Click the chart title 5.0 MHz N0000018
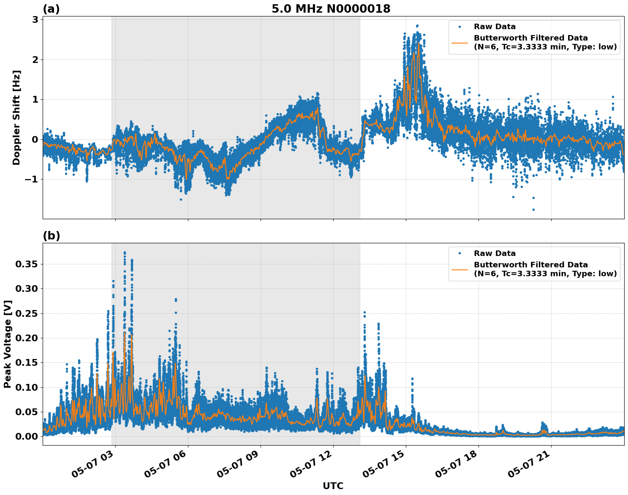pos(331,8)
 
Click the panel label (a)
pos(51,9)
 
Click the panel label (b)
pos(51,236)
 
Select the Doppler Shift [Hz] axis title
pos(16,117)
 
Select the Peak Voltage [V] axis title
pos(7,344)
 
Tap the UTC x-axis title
pos(333,486)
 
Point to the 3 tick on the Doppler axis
pos(35,20)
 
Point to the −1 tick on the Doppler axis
pos(31,180)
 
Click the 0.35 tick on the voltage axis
pos(27,264)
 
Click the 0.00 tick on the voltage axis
pos(27,436)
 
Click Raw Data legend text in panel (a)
pos(495,27)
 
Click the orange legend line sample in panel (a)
pos(459,43)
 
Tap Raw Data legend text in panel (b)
pos(495,253)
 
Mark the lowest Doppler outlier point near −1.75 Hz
pos(533,209)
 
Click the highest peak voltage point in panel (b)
pos(125,253)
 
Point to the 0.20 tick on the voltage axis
pos(27,338)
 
